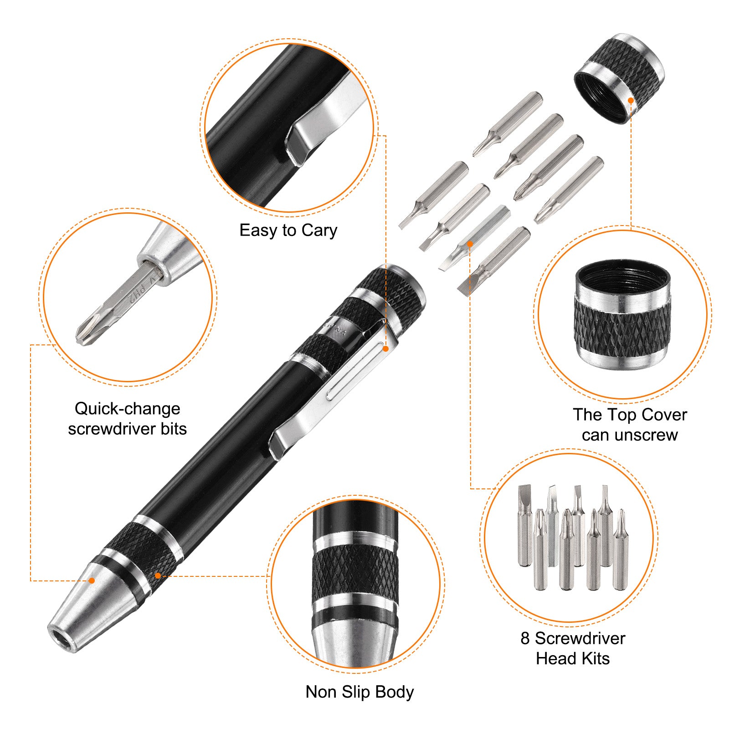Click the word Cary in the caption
pos(319,231)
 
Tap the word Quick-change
pos(128,409)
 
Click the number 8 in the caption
pos(525,638)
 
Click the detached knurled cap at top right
pos(619,78)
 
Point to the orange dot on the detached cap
pos(631,100)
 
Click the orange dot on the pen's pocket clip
pos(385,349)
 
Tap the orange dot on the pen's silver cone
pos(92,580)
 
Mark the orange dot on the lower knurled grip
pos(158,576)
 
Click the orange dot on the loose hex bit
pos(470,244)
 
